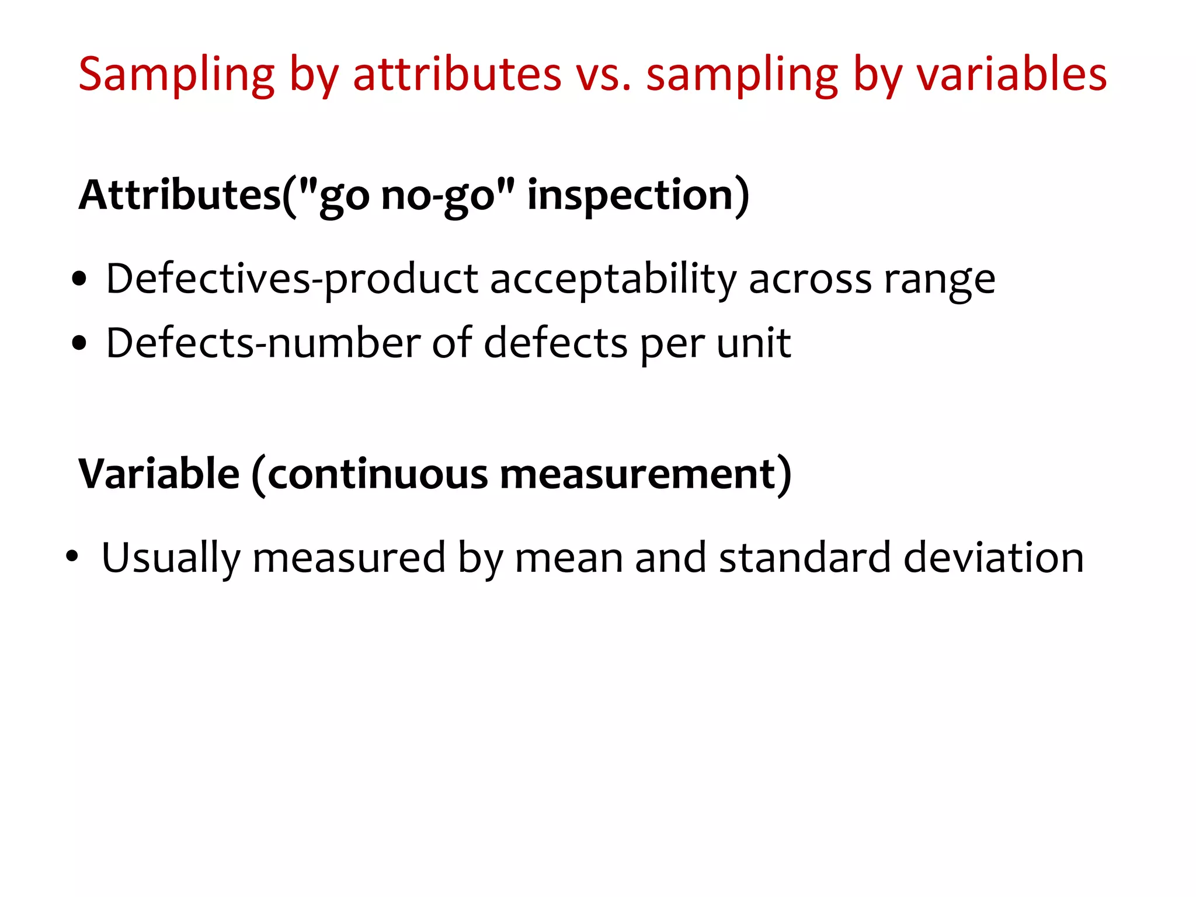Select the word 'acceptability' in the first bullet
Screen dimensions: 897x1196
pos(613,280)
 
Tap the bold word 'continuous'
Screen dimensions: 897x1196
pos(377,474)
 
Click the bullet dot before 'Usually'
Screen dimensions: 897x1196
pos(72,557)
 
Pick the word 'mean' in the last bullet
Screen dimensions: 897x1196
pos(569,558)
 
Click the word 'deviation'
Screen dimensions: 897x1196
pos(993,558)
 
